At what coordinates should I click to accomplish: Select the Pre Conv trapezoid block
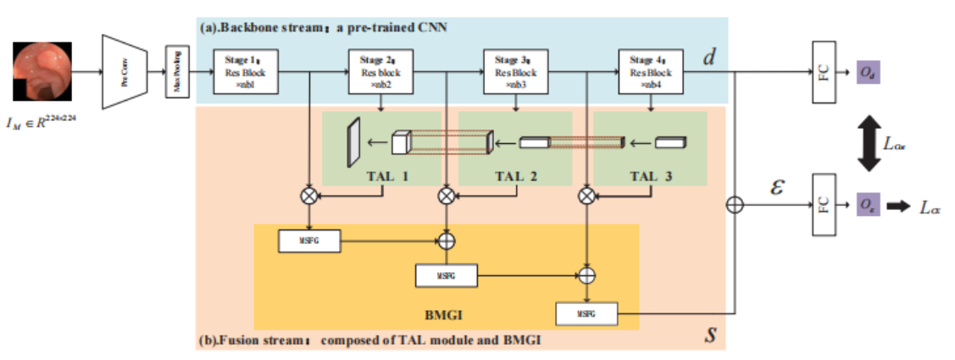[x=125, y=73]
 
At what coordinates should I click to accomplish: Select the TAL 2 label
[x=522, y=175]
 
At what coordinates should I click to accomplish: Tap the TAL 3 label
[x=657, y=175]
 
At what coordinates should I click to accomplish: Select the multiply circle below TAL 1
[x=310, y=196]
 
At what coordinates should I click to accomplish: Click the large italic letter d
[x=709, y=58]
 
